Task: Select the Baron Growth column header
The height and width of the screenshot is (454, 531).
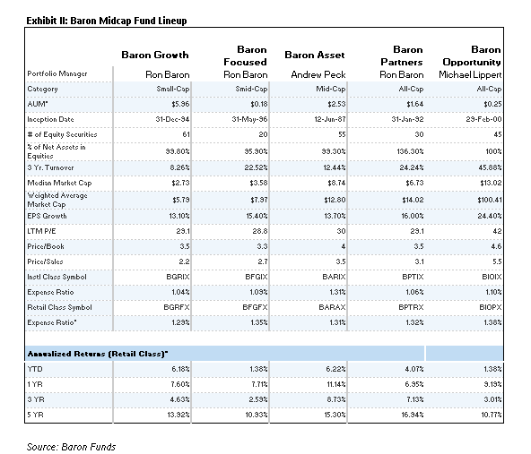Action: (x=155, y=56)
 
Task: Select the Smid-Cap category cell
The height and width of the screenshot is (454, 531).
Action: (x=251, y=89)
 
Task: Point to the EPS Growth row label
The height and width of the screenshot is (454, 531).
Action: (x=47, y=215)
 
